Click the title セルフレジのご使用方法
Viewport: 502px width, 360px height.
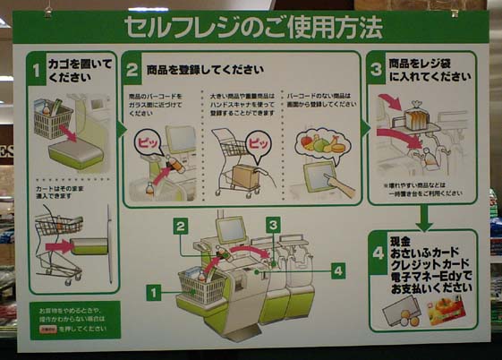(251, 27)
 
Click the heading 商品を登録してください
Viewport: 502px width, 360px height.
(205, 69)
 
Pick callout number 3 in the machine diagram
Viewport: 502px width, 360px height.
(273, 225)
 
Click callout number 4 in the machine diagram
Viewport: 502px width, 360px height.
(337, 270)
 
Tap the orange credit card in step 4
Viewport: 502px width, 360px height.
(444, 311)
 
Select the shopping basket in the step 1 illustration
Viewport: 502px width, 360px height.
(53, 119)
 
